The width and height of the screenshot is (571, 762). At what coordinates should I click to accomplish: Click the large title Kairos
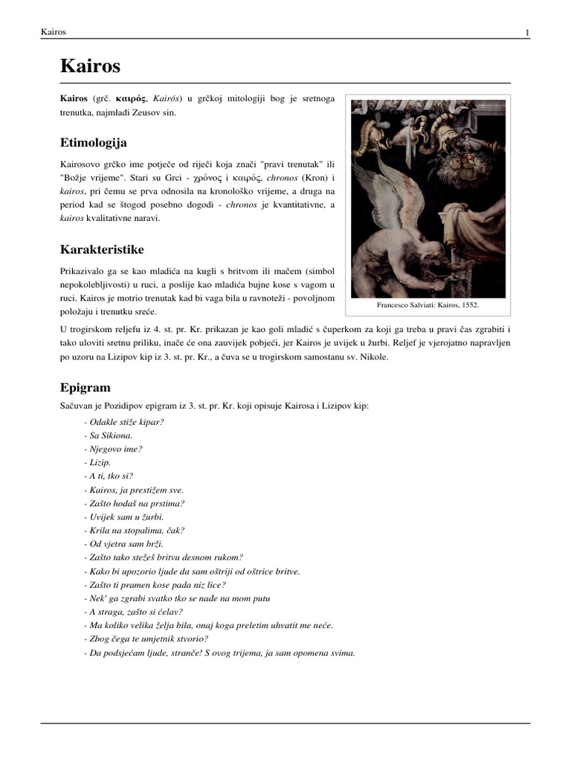pyautogui.click(x=90, y=67)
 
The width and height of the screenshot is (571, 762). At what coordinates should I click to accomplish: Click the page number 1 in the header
pyautogui.click(x=527, y=33)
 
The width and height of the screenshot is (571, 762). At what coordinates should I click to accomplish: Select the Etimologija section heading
pyautogui.click(x=94, y=142)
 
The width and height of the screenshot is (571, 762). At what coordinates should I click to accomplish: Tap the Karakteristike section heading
pyautogui.click(x=102, y=249)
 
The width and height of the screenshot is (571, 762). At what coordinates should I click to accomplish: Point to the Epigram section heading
pyautogui.click(x=85, y=388)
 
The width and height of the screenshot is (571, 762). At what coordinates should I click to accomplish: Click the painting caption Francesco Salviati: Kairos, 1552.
pyautogui.click(x=428, y=305)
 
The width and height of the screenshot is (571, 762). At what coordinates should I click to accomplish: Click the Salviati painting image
pyautogui.click(x=428, y=197)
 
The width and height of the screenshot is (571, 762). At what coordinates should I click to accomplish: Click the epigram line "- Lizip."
pyautogui.click(x=97, y=462)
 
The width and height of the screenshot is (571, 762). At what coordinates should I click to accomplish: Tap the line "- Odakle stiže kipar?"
pyautogui.click(x=124, y=422)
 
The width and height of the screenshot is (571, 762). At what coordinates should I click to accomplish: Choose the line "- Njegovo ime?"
pyautogui.click(x=113, y=449)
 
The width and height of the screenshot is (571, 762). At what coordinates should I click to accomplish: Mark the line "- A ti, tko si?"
pyautogui.click(x=109, y=476)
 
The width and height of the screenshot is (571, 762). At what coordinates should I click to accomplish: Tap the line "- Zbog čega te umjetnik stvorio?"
pyautogui.click(x=146, y=638)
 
